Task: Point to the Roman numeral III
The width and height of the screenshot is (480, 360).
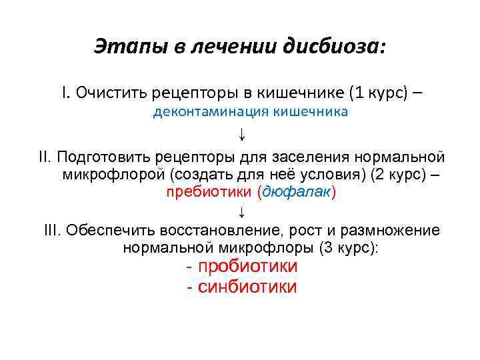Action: click(53, 230)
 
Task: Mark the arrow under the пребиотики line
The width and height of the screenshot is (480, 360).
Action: click(241, 212)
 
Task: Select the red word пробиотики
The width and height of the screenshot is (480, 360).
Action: click(247, 267)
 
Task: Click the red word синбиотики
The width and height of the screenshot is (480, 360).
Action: click(247, 287)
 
